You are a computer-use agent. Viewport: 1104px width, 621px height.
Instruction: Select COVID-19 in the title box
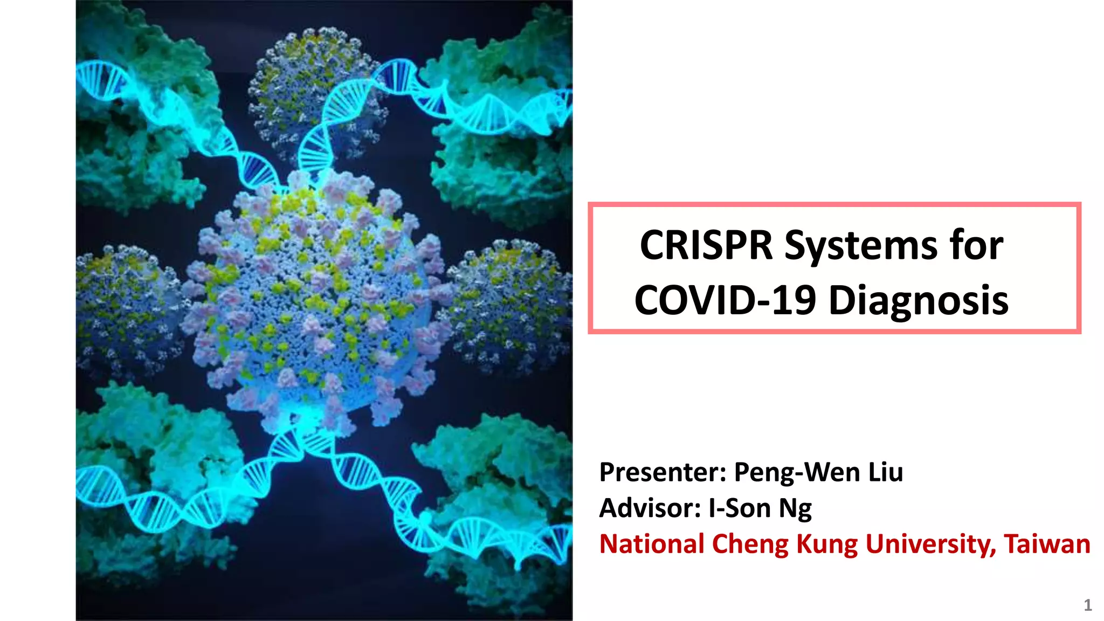point(725,300)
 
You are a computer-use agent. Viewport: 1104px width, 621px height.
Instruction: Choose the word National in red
point(652,544)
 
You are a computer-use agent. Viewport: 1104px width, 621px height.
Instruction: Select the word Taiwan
point(1047,544)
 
